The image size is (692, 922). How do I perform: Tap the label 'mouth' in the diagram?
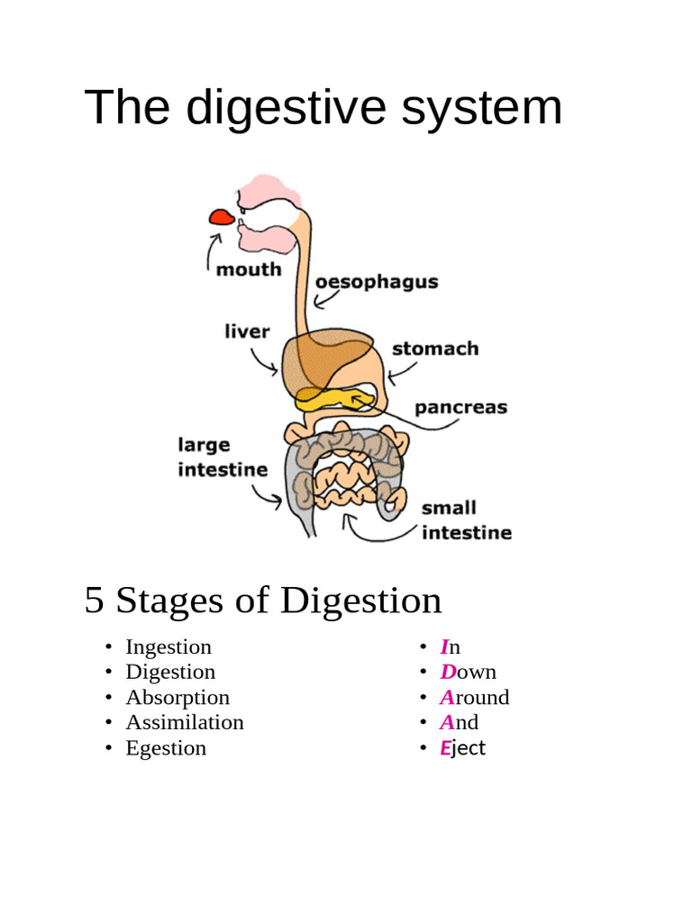pos(249,269)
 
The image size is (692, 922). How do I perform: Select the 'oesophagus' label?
pos(377,282)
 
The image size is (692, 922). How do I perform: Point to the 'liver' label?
pos(247,331)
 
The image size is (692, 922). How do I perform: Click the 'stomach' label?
pos(435,348)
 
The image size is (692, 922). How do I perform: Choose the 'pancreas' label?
pos(460,407)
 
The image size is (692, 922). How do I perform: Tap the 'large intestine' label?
pos(223,456)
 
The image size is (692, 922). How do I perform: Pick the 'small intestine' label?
pos(466,520)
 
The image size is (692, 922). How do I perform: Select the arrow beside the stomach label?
pos(401,369)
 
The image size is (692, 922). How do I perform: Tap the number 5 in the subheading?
pos(94,601)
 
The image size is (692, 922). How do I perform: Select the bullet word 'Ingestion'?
pos(168,646)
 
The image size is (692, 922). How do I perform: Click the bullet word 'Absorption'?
pos(178,697)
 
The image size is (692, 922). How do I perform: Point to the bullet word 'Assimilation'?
pos(185,722)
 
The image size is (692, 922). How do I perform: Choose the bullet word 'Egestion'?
pos(166,747)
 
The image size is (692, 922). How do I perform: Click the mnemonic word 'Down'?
pos(468,672)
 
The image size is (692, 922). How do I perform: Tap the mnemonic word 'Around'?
pos(474,697)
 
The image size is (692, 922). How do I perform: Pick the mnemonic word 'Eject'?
pos(462,747)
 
